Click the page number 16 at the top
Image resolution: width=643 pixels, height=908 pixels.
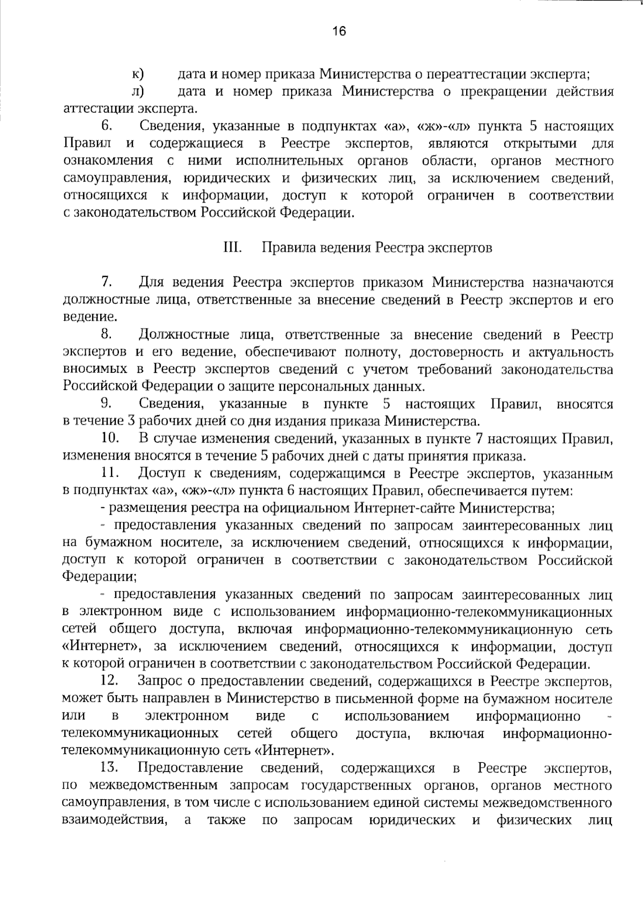(339, 31)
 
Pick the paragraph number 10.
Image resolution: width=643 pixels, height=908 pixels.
(109, 438)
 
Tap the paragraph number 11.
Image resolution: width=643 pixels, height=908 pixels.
(109, 473)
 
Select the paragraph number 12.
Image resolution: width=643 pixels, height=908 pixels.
(109, 681)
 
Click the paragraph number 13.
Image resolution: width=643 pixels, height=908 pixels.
(109, 768)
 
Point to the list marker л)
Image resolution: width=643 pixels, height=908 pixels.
(138, 92)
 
